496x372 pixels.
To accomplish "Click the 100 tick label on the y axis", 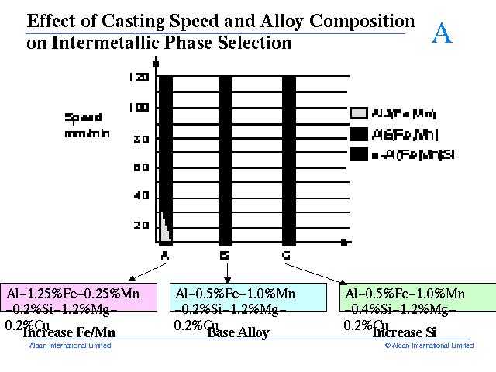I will point(139,108).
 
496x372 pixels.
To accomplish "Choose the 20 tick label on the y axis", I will point(142,226).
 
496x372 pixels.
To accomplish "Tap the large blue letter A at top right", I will point(441,33).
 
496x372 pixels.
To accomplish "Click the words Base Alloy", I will point(238,333).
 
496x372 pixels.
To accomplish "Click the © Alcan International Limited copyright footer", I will point(429,346).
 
